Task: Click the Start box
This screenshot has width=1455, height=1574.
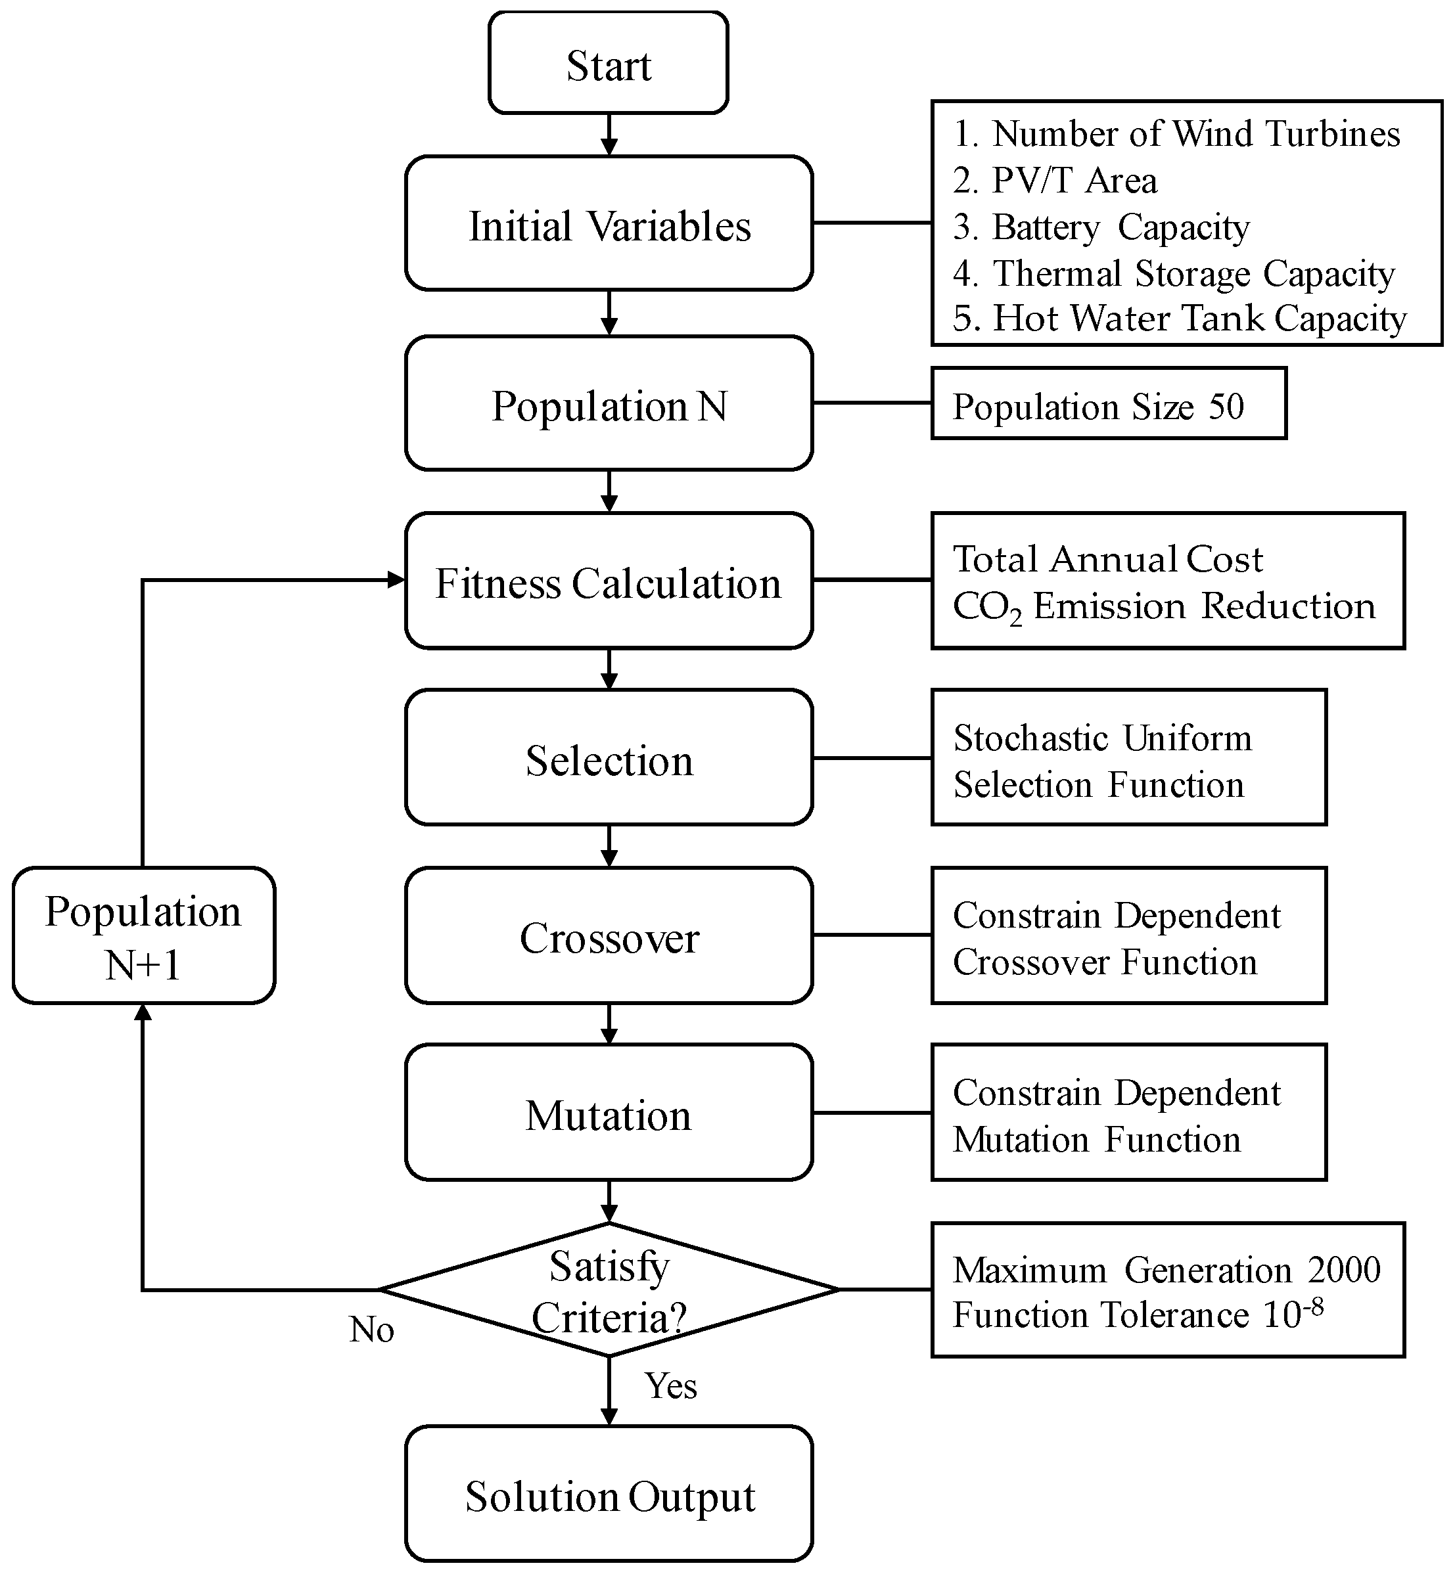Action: point(608,64)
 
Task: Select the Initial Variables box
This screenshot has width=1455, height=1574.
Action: point(609,224)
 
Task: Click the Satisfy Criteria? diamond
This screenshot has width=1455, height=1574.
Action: point(609,1290)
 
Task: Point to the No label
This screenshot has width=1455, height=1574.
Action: point(371,1330)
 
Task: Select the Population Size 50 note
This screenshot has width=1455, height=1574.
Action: point(1108,404)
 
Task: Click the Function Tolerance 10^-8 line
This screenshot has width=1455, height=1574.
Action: point(1138,1315)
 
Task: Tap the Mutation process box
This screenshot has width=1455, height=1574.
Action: point(609,1113)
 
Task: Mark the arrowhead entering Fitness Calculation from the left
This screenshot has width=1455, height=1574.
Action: point(396,580)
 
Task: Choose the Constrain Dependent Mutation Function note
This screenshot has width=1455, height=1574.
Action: point(1128,1113)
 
